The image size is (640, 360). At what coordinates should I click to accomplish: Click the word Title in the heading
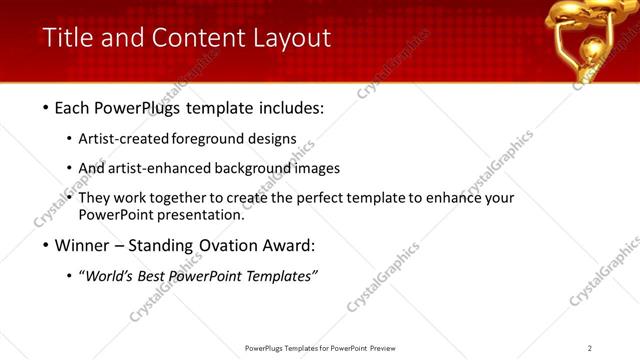[x=67, y=38]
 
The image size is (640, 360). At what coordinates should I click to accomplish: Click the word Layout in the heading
[x=291, y=38]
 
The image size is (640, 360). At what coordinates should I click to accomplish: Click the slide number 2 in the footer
[x=590, y=348]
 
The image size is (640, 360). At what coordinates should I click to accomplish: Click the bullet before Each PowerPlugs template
[x=47, y=108]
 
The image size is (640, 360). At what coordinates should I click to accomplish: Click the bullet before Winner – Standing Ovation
[x=47, y=245]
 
